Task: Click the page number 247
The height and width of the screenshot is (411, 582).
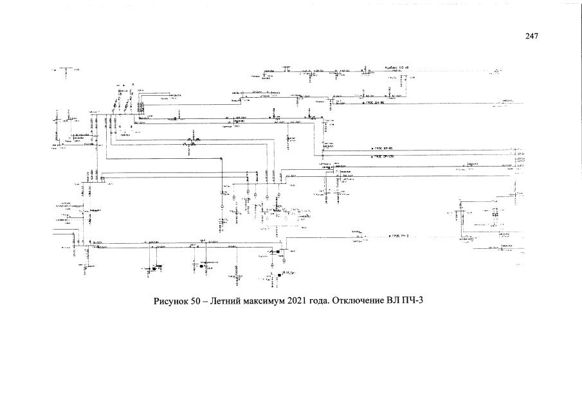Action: click(531, 37)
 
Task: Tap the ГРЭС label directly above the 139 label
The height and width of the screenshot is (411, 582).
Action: click(383, 148)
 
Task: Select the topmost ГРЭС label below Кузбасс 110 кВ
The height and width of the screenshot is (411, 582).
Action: click(374, 102)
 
